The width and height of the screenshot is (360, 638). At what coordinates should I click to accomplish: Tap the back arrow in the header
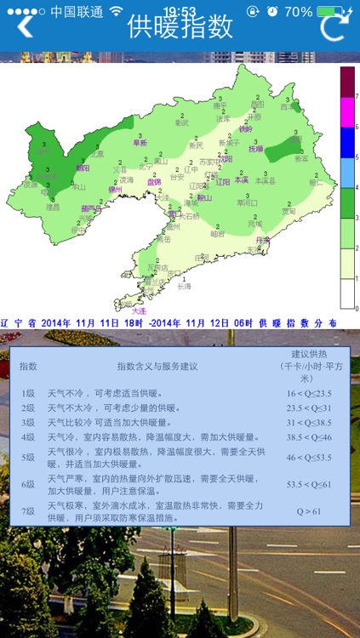coord(26,26)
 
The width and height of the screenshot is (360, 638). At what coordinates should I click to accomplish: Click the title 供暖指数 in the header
coord(180,26)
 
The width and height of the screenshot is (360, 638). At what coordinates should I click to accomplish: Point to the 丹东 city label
coord(262,241)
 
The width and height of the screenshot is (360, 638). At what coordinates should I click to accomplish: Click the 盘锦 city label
coord(153,182)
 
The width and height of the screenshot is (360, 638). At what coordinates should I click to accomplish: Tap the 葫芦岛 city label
coord(91,208)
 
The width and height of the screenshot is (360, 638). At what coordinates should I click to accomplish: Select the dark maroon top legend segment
coord(347,82)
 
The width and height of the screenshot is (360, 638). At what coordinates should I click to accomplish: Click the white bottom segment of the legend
coord(347,293)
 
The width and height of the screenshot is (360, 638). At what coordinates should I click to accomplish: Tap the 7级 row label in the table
coord(29,510)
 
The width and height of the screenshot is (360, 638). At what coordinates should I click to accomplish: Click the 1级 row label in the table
coord(29,394)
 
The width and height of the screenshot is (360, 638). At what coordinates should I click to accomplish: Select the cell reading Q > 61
coord(308,511)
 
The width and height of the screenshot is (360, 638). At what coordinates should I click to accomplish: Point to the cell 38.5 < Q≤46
coord(308,436)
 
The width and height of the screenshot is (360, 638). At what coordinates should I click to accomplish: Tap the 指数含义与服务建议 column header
coord(157,367)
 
